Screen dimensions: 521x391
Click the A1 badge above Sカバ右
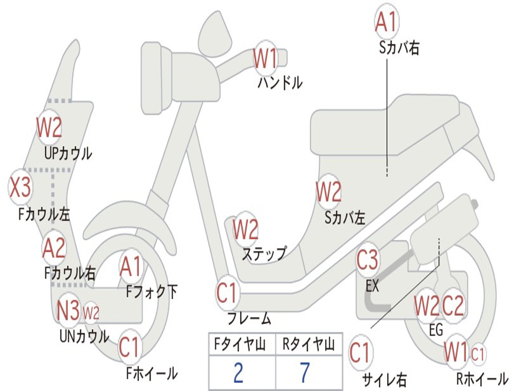click(387, 21)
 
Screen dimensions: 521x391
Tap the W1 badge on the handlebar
click(265, 59)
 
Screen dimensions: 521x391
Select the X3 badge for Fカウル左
click(20, 187)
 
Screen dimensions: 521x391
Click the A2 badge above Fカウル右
click(54, 248)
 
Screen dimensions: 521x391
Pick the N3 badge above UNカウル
click(68, 310)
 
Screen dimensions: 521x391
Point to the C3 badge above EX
click(367, 260)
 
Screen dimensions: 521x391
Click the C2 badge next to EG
click(452, 305)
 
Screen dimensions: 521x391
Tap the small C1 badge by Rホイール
click(478, 354)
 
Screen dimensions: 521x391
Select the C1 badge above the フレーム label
click(227, 293)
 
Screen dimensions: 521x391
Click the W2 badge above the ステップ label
click(245, 230)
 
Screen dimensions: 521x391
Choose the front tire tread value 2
click(238, 373)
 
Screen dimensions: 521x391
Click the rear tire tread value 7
click(305, 373)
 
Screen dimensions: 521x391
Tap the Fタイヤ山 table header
click(240, 344)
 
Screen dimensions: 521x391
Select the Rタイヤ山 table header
click(308, 344)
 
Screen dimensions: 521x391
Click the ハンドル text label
click(280, 82)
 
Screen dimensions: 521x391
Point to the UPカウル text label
click(68, 153)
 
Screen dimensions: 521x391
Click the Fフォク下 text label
click(152, 292)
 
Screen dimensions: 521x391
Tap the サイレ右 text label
click(384, 379)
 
